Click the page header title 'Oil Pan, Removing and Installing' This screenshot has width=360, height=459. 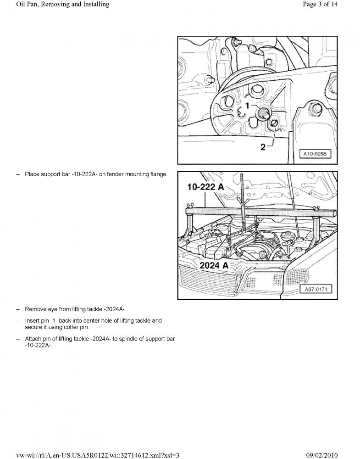63,5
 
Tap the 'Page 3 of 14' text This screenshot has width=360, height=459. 320,4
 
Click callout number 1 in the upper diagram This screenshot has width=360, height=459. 247,106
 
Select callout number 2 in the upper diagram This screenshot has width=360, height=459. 263,147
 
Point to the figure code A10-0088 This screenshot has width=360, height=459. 315,154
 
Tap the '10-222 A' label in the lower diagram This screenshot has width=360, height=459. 205,187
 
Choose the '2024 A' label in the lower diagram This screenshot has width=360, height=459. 214,265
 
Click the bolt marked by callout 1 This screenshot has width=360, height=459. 264,112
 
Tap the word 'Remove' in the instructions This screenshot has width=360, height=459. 34,309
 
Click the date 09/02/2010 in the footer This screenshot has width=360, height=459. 322,455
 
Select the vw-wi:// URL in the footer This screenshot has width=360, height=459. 98,455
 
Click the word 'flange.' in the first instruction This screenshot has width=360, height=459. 159,174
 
